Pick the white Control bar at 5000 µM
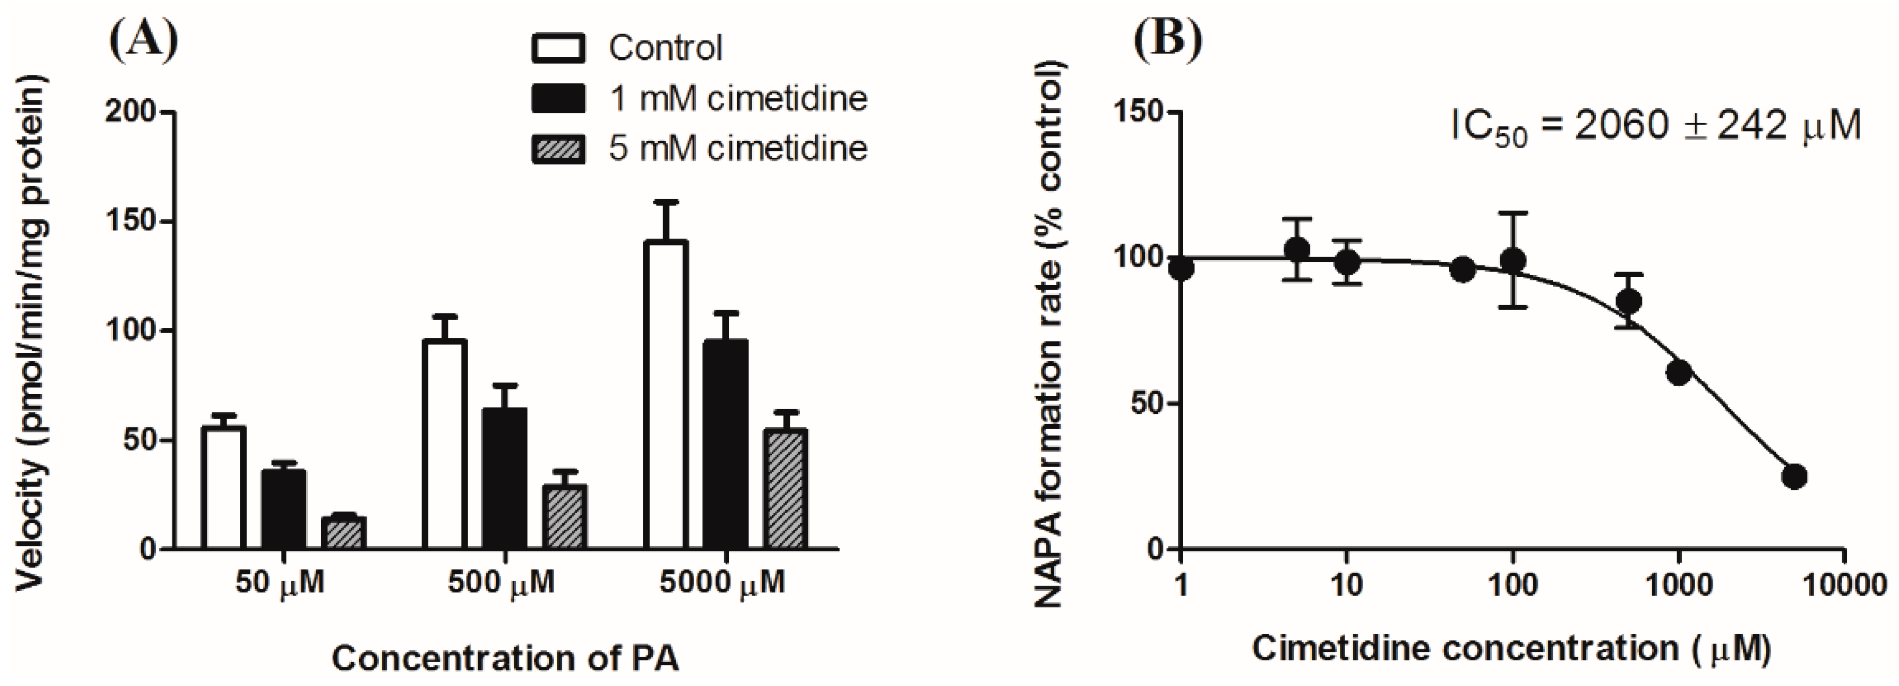666,395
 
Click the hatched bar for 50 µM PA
343,532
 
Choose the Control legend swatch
558,48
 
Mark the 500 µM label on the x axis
501,584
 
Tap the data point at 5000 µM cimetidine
1793,476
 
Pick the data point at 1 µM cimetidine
1181,268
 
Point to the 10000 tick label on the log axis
1844,585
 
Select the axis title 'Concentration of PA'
505,657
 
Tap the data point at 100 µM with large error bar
1513,260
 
